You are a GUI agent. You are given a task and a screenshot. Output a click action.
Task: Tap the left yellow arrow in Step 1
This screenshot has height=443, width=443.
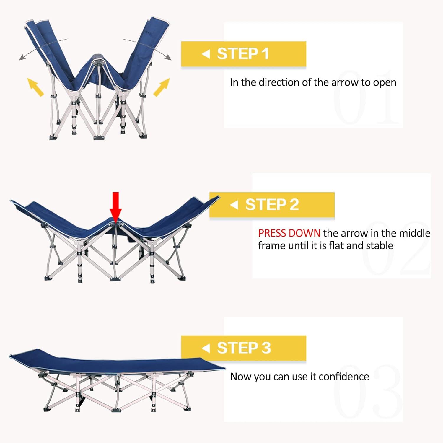[35, 87]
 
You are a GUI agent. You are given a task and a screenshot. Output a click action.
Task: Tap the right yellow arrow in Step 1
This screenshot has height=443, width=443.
[162, 87]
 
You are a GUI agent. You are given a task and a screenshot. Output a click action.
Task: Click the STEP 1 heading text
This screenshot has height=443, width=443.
[243, 54]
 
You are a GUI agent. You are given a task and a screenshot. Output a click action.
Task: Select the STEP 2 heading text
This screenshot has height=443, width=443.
[272, 204]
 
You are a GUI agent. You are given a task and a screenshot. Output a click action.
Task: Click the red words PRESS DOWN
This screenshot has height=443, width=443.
[289, 233]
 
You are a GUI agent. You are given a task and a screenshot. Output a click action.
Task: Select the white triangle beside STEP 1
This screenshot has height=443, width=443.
[206, 54]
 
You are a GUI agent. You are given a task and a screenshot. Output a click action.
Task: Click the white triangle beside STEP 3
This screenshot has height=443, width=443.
[206, 348]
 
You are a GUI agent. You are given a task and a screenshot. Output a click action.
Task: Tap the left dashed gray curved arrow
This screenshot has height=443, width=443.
[41, 47]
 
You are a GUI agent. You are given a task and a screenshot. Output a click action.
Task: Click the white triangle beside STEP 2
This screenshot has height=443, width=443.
[234, 205]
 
